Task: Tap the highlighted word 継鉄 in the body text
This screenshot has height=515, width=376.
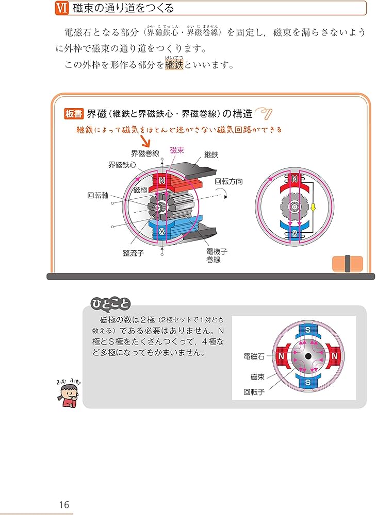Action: click(174, 66)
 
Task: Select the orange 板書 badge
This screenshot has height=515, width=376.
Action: click(74, 114)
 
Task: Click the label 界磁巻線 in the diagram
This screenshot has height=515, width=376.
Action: click(145, 153)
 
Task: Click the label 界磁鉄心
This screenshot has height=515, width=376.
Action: click(122, 165)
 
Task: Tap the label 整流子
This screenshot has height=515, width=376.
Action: click(133, 253)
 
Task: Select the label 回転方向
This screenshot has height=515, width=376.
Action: click(228, 181)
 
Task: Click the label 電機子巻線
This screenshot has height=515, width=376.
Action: click(217, 255)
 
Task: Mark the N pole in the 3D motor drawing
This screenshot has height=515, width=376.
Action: click(161, 181)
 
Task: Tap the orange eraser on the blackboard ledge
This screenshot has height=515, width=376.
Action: click(347, 263)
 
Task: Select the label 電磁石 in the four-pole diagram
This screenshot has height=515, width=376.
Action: click(254, 356)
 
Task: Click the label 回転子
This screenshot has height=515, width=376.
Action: click(254, 391)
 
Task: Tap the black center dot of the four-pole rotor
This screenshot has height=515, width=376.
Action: click(308, 356)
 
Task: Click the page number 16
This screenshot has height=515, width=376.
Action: click(63, 505)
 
